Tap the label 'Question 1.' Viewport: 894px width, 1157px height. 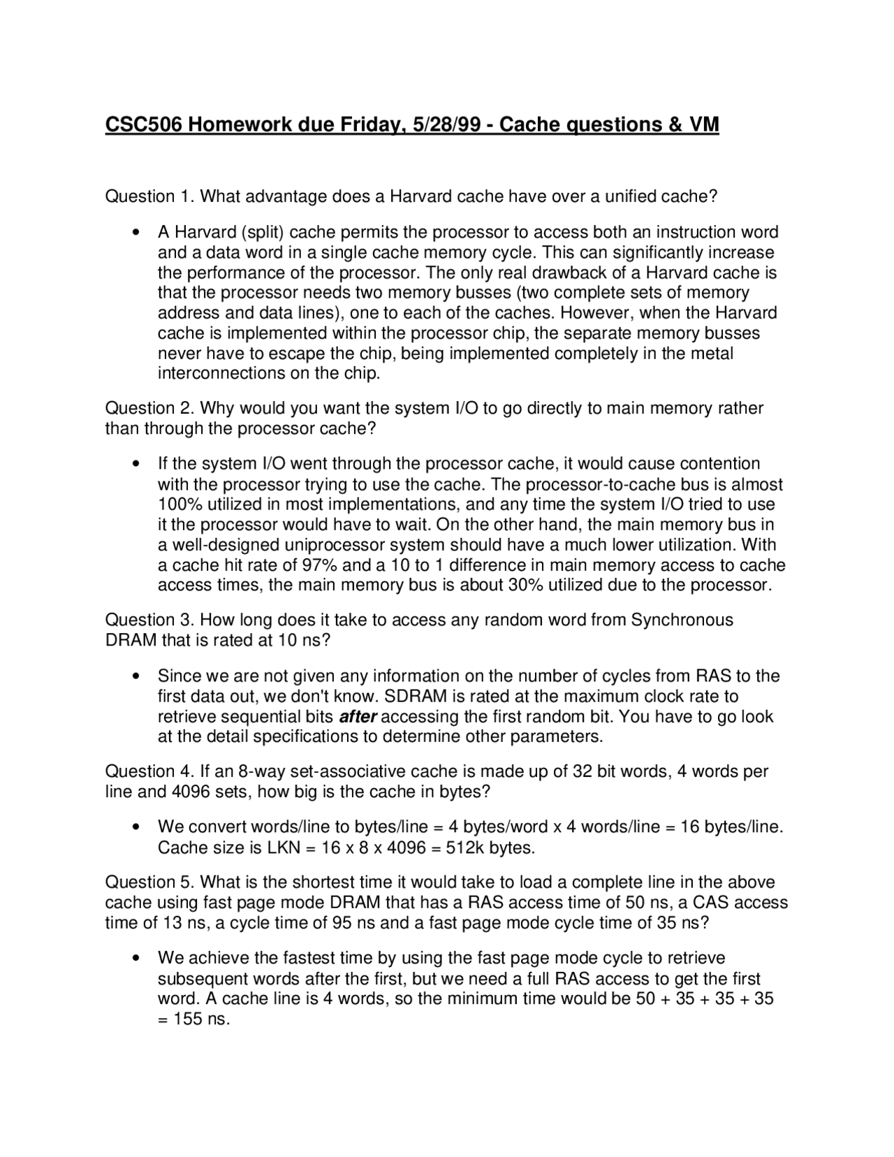pos(149,196)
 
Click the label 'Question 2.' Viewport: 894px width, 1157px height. pos(149,408)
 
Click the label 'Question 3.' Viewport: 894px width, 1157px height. pos(149,620)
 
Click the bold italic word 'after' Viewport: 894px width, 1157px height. pos(358,717)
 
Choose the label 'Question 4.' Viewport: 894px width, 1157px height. pos(149,771)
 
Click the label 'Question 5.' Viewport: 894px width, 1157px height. pos(149,882)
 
